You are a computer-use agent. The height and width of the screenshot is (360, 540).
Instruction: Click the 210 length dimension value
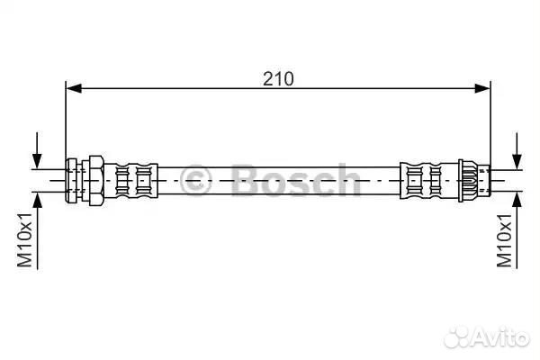pos(278,79)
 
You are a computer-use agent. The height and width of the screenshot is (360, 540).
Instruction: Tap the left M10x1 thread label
pos(25,239)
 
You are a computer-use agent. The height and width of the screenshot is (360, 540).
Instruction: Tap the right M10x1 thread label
pos(504,239)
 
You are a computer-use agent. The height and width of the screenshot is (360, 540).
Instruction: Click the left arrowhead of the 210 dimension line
pos(74,88)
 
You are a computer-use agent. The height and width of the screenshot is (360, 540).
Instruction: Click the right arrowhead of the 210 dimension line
pos(482,88)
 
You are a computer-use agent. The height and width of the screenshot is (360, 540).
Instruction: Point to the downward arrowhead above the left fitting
pos(37,161)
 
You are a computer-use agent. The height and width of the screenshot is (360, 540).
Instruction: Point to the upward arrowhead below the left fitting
pos(37,200)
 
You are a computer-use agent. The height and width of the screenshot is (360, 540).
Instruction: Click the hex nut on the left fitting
pos(96,181)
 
